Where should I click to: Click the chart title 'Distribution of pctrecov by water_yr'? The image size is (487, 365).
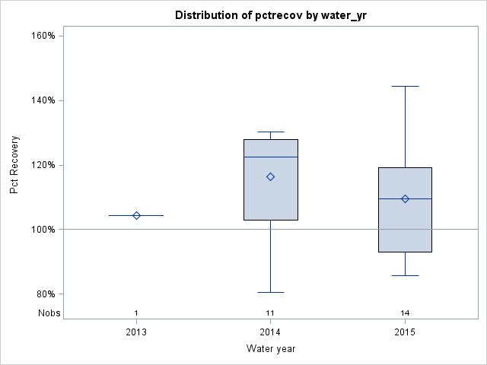pyautogui.click(x=270, y=15)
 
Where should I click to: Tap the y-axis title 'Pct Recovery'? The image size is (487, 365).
pyautogui.click(x=14, y=164)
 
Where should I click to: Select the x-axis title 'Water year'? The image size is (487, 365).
pyautogui.click(x=270, y=348)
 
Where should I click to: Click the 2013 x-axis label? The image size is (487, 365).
pyautogui.click(x=136, y=332)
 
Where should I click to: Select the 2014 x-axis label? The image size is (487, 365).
pyautogui.click(x=270, y=332)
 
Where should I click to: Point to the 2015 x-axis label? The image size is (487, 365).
pyautogui.click(x=405, y=332)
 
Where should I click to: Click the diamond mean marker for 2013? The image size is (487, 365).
pyautogui.click(x=136, y=215)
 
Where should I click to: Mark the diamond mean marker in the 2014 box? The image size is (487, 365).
pyautogui.click(x=270, y=176)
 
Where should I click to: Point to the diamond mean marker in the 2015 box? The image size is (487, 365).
pyautogui.click(x=405, y=198)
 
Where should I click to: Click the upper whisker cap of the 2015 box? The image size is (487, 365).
pyautogui.click(x=405, y=87)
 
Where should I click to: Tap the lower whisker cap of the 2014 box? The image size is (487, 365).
pyautogui.click(x=270, y=292)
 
